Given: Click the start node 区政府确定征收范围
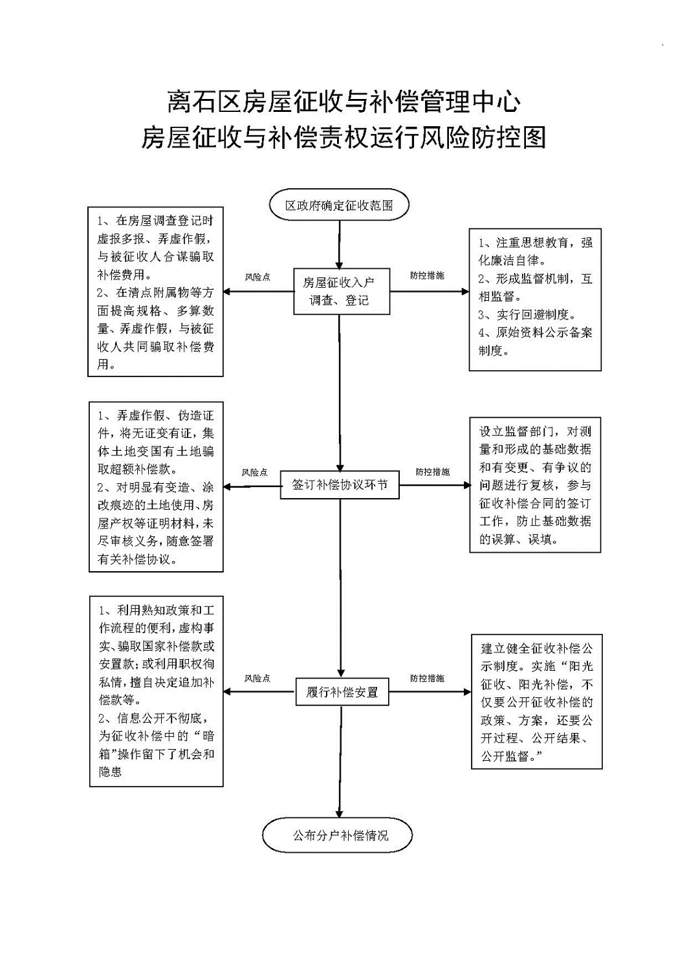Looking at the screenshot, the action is pos(339,204).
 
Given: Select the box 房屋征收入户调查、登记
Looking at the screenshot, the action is pos(342,291).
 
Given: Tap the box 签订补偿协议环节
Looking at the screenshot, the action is pos(340,485).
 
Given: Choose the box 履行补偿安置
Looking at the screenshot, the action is pos(342,692).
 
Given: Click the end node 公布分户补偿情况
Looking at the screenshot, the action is pos(337,835).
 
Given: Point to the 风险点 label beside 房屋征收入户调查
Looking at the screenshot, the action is pos(257,277).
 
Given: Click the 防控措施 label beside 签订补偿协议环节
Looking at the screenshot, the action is pos(433,472).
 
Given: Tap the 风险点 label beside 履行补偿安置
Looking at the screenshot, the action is pos(257,679).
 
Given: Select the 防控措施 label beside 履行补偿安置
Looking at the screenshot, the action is pos(427,679).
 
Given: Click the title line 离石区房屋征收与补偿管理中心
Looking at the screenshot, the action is pos(343,102).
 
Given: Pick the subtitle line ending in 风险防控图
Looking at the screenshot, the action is pos(343,137).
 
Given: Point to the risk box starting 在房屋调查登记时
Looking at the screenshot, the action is pos(156,292).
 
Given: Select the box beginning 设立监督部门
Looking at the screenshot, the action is pos(535,485).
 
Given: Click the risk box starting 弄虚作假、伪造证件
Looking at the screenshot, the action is pos(156,487).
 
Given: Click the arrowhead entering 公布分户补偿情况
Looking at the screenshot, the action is pos(340,814).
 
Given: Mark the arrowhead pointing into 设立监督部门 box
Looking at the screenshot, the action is pos(466,485).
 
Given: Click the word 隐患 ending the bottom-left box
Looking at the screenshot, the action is pos(110,771).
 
